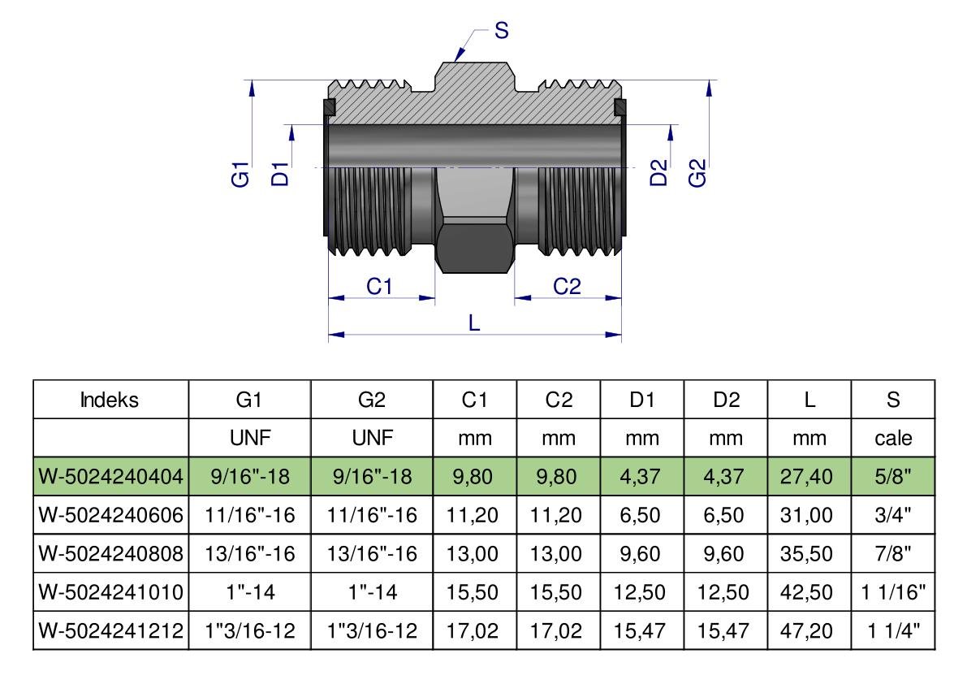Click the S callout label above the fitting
[x=502, y=31]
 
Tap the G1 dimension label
[x=241, y=175]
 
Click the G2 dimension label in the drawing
[x=698, y=173]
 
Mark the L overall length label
[x=475, y=323]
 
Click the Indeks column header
[x=111, y=400]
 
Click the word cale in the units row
[x=893, y=439]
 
